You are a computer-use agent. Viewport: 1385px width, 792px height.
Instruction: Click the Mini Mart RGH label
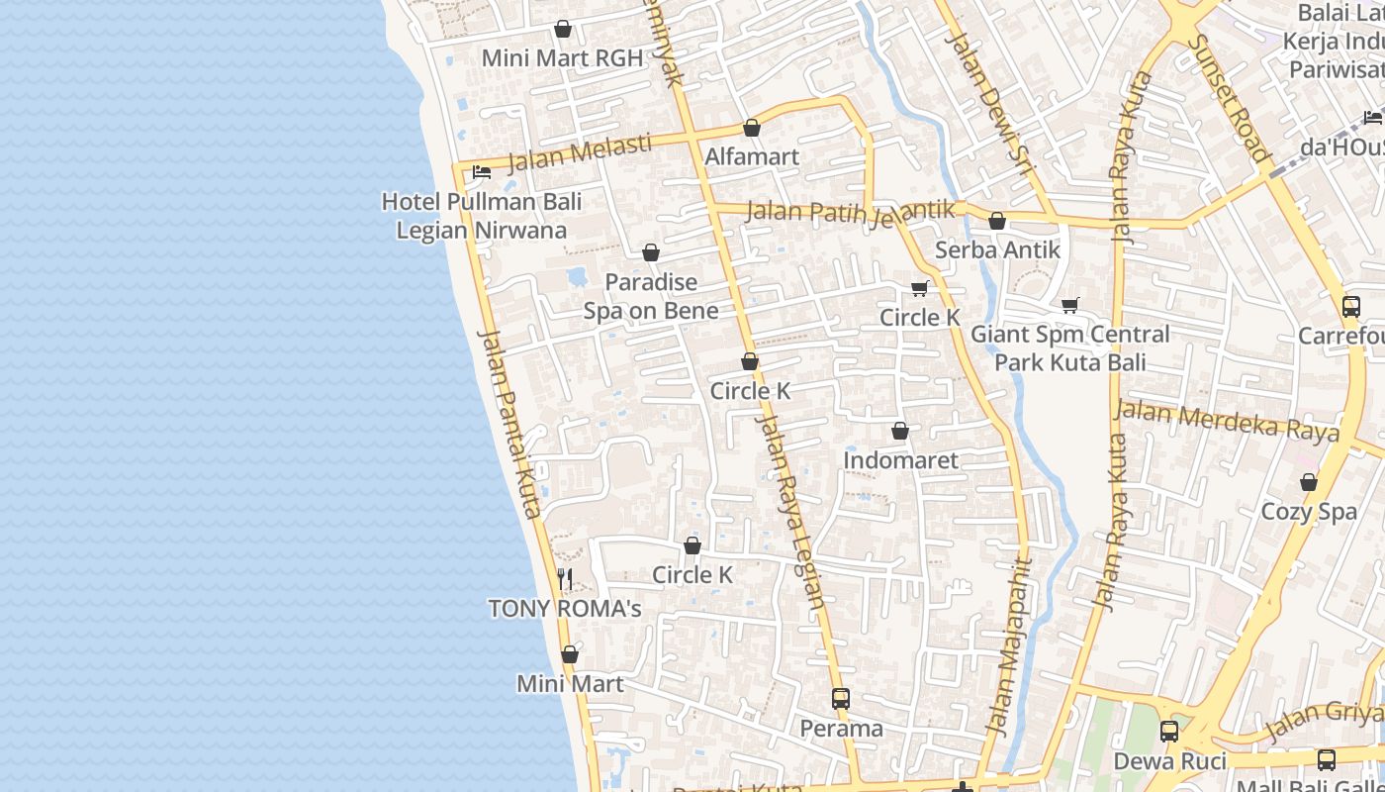tap(561, 58)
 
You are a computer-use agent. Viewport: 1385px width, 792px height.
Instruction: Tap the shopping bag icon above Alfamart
tap(751, 128)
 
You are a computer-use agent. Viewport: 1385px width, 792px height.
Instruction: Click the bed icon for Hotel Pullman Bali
tap(482, 172)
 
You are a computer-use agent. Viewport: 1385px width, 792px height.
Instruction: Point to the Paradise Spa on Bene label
tap(651, 296)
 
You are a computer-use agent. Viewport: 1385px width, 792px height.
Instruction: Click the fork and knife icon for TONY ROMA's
tap(565, 579)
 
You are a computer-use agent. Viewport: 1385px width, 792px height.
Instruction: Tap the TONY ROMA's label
tap(565, 609)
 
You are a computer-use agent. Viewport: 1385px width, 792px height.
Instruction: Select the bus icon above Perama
tap(840, 699)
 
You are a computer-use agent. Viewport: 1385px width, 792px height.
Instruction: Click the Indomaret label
tap(900, 460)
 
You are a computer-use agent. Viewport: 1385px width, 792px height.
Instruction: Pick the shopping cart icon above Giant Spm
tap(1069, 305)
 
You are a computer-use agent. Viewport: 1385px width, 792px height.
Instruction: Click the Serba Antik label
tap(997, 250)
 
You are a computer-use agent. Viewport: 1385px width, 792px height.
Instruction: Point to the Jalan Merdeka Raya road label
tap(1227, 421)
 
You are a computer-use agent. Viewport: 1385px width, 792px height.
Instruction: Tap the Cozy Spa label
tap(1309, 512)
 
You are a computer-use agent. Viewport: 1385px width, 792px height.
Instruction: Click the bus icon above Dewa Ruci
tap(1168, 732)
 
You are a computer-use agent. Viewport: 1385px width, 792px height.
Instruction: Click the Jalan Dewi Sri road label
tap(988, 109)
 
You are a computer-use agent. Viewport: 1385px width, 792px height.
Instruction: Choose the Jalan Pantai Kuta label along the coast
tap(509, 423)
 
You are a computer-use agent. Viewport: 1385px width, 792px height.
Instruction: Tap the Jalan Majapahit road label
tap(1008, 648)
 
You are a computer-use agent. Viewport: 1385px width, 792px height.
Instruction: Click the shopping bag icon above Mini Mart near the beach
tap(569, 654)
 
